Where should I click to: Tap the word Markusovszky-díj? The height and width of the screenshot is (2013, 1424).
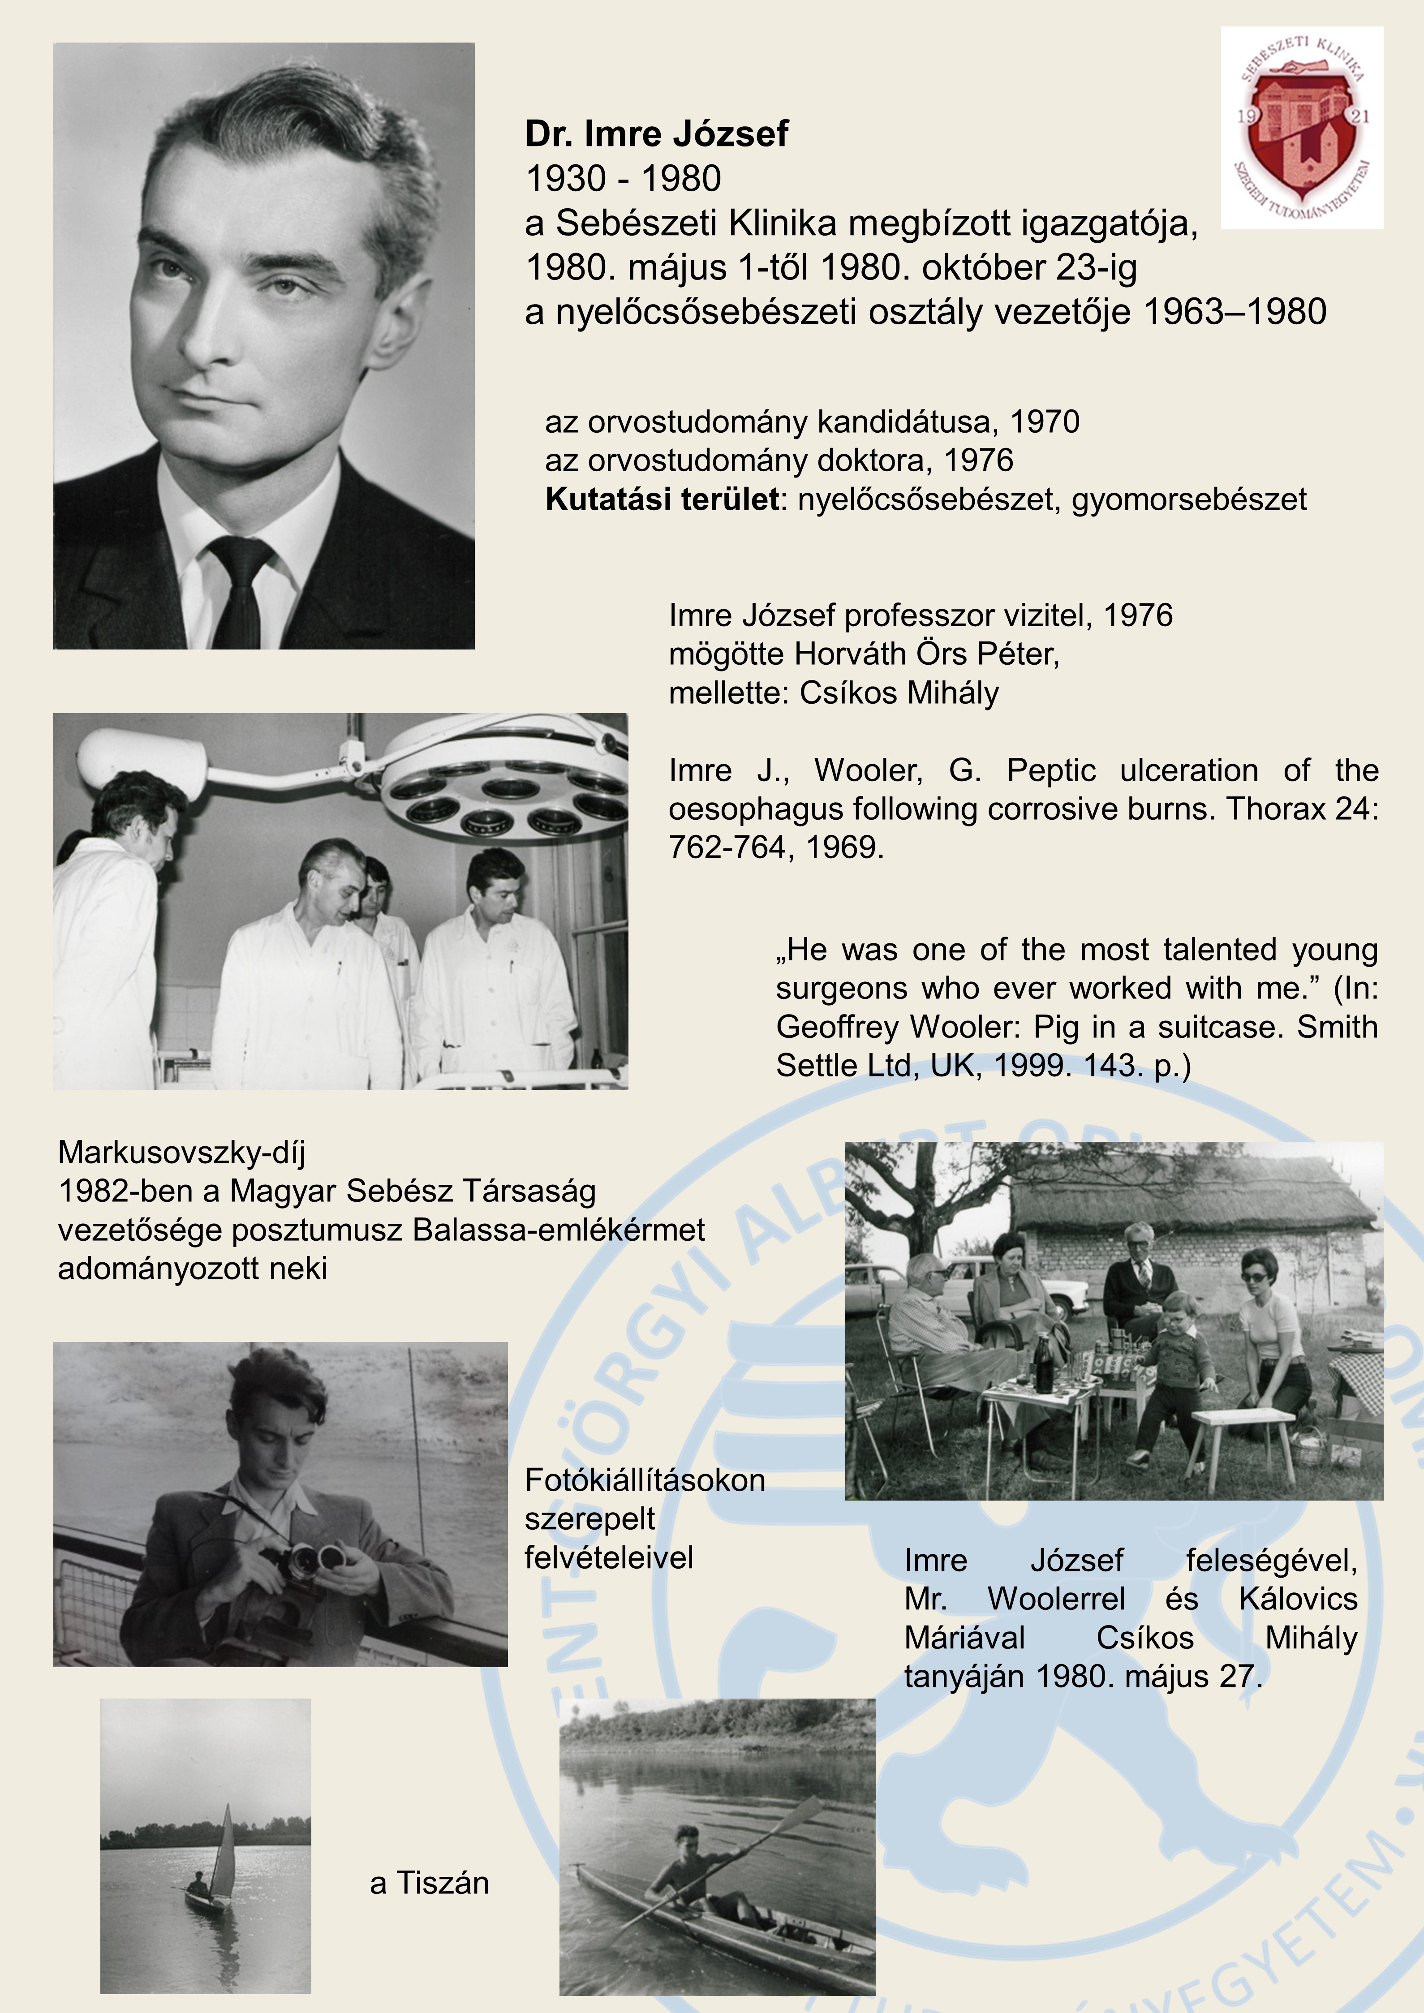click(181, 1152)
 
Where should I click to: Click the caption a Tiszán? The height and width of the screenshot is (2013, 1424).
click(429, 1882)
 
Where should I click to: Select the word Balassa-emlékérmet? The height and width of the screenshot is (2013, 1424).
click(558, 1229)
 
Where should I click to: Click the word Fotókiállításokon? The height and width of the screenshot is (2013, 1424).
click(645, 1480)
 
